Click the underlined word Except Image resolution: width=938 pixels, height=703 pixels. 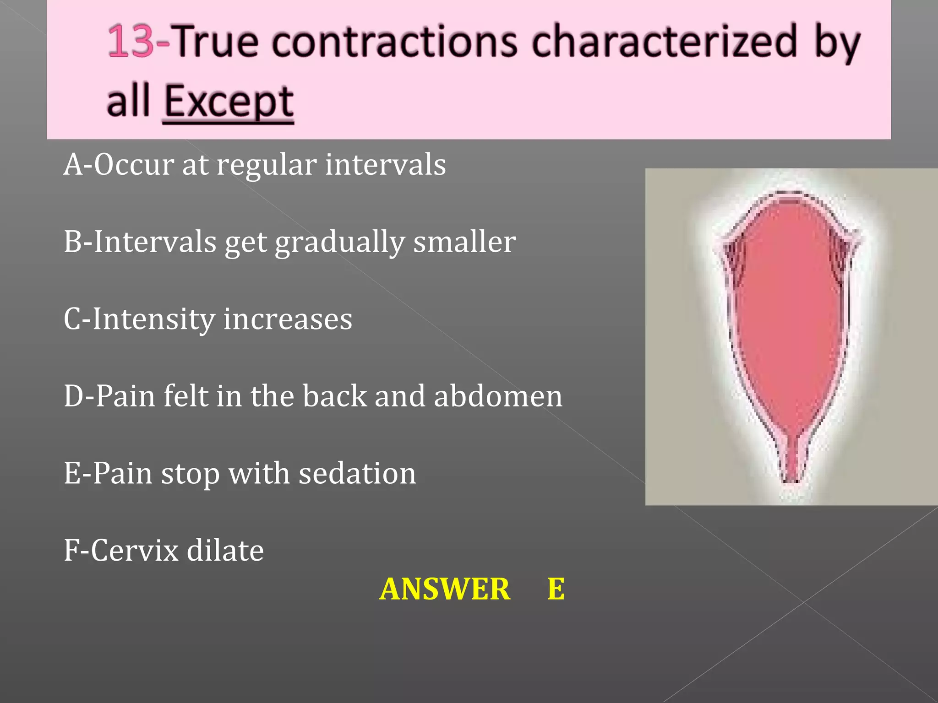pos(229,102)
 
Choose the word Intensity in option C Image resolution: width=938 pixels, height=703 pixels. pos(153,319)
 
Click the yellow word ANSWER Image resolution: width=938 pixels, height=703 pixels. pos(445,589)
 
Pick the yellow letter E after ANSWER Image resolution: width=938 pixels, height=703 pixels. pos(556,589)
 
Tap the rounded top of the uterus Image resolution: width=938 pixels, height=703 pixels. pos(790,201)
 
